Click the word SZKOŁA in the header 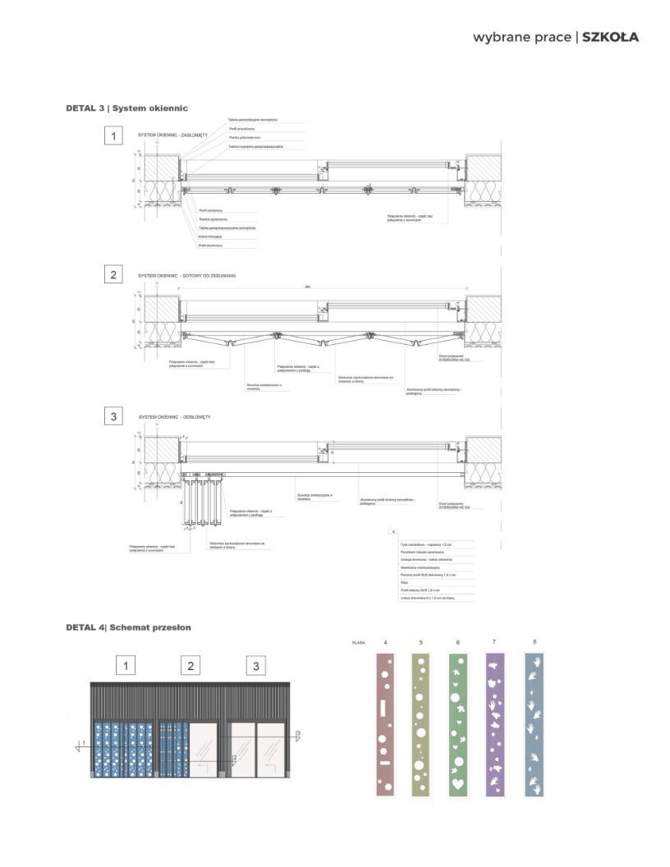[610, 37]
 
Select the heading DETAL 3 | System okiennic [127, 108]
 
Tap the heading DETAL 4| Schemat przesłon [129, 627]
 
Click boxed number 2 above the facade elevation [190, 665]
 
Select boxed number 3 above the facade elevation [256, 665]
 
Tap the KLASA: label [358, 643]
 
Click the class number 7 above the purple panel [493, 642]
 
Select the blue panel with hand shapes [535, 725]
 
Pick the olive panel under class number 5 [420, 725]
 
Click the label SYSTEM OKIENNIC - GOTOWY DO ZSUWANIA [186, 276]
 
